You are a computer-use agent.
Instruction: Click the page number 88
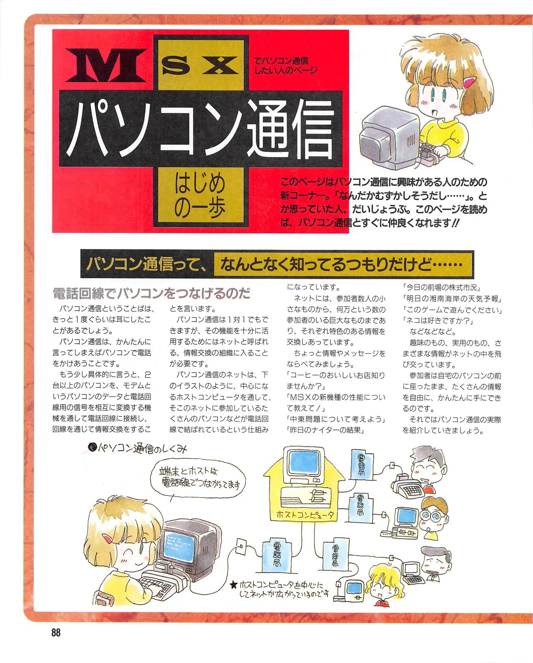(56, 633)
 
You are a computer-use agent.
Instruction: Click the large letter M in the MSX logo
(106, 66)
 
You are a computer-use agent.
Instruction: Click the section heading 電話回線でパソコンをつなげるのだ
(151, 294)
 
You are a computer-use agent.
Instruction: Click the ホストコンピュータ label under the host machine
(304, 515)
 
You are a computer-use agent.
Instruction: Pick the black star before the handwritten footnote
(234, 584)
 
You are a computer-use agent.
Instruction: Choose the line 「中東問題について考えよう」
(336, 419)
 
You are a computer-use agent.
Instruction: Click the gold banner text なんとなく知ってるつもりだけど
(341, 264)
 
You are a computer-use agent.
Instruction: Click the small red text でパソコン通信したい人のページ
(285, 66)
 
